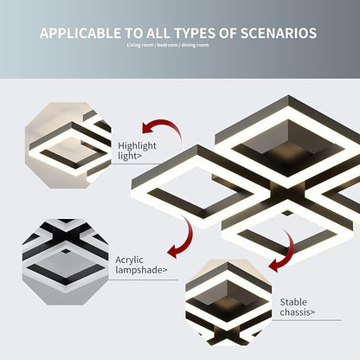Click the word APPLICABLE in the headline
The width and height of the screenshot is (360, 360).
coord(80,33)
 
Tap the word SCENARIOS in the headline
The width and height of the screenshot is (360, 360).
coord(279,33)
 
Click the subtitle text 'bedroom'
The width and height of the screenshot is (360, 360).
coord(168,45)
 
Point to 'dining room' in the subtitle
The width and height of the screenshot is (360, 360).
coord(195,45)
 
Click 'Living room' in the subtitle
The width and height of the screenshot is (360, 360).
coord(140,45)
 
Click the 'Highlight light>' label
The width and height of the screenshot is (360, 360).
coord(137,151)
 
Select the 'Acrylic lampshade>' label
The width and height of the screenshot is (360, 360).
coord(141,265)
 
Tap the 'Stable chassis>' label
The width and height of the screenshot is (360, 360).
coord(297,307)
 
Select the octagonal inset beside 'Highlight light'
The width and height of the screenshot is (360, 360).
coord(68,145)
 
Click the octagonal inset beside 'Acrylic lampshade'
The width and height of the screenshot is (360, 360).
coord(66,262)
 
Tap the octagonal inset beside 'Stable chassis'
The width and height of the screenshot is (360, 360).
coord(228,303)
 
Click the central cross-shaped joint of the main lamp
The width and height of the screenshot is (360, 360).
coord(287,194)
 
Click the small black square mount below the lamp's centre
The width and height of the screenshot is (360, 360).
coord(287,213)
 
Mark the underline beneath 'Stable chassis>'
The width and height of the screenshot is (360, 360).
coord(306,320)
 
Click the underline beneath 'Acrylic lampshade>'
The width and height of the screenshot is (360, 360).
coord(144,280)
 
